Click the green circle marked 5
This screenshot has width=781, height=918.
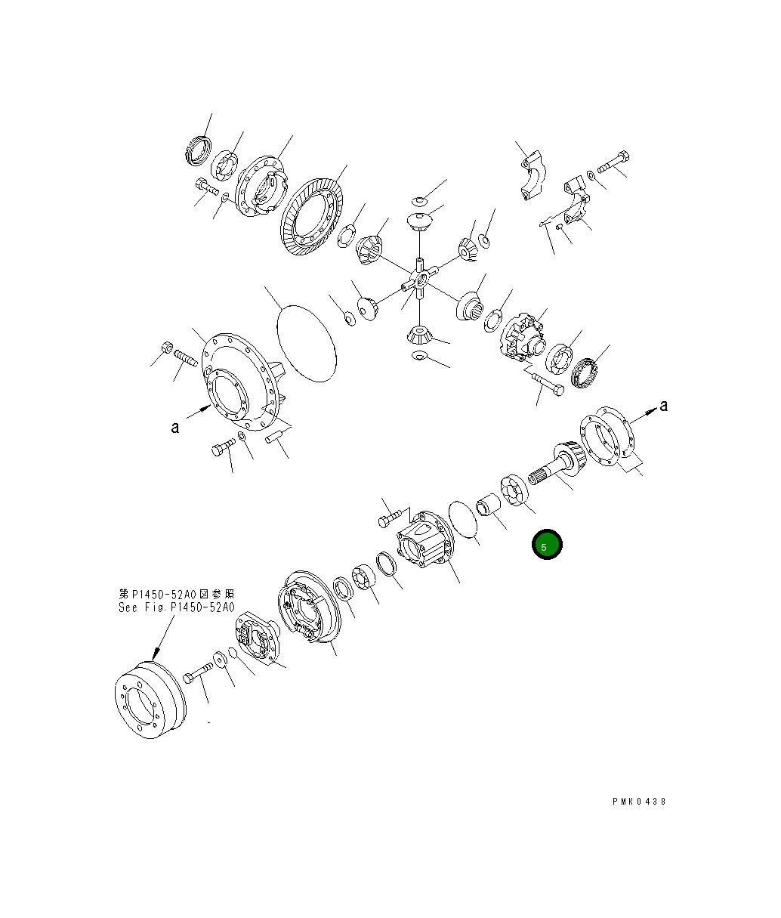tap(546, 545)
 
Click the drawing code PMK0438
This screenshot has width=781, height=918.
tap(639, 802)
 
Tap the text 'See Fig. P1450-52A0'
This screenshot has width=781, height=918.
tap(176, 607)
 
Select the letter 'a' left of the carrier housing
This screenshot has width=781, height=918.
tap(174, 428)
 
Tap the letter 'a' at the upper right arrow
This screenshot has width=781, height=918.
tap(663, 406)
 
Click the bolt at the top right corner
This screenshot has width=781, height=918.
tap(616, 162)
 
